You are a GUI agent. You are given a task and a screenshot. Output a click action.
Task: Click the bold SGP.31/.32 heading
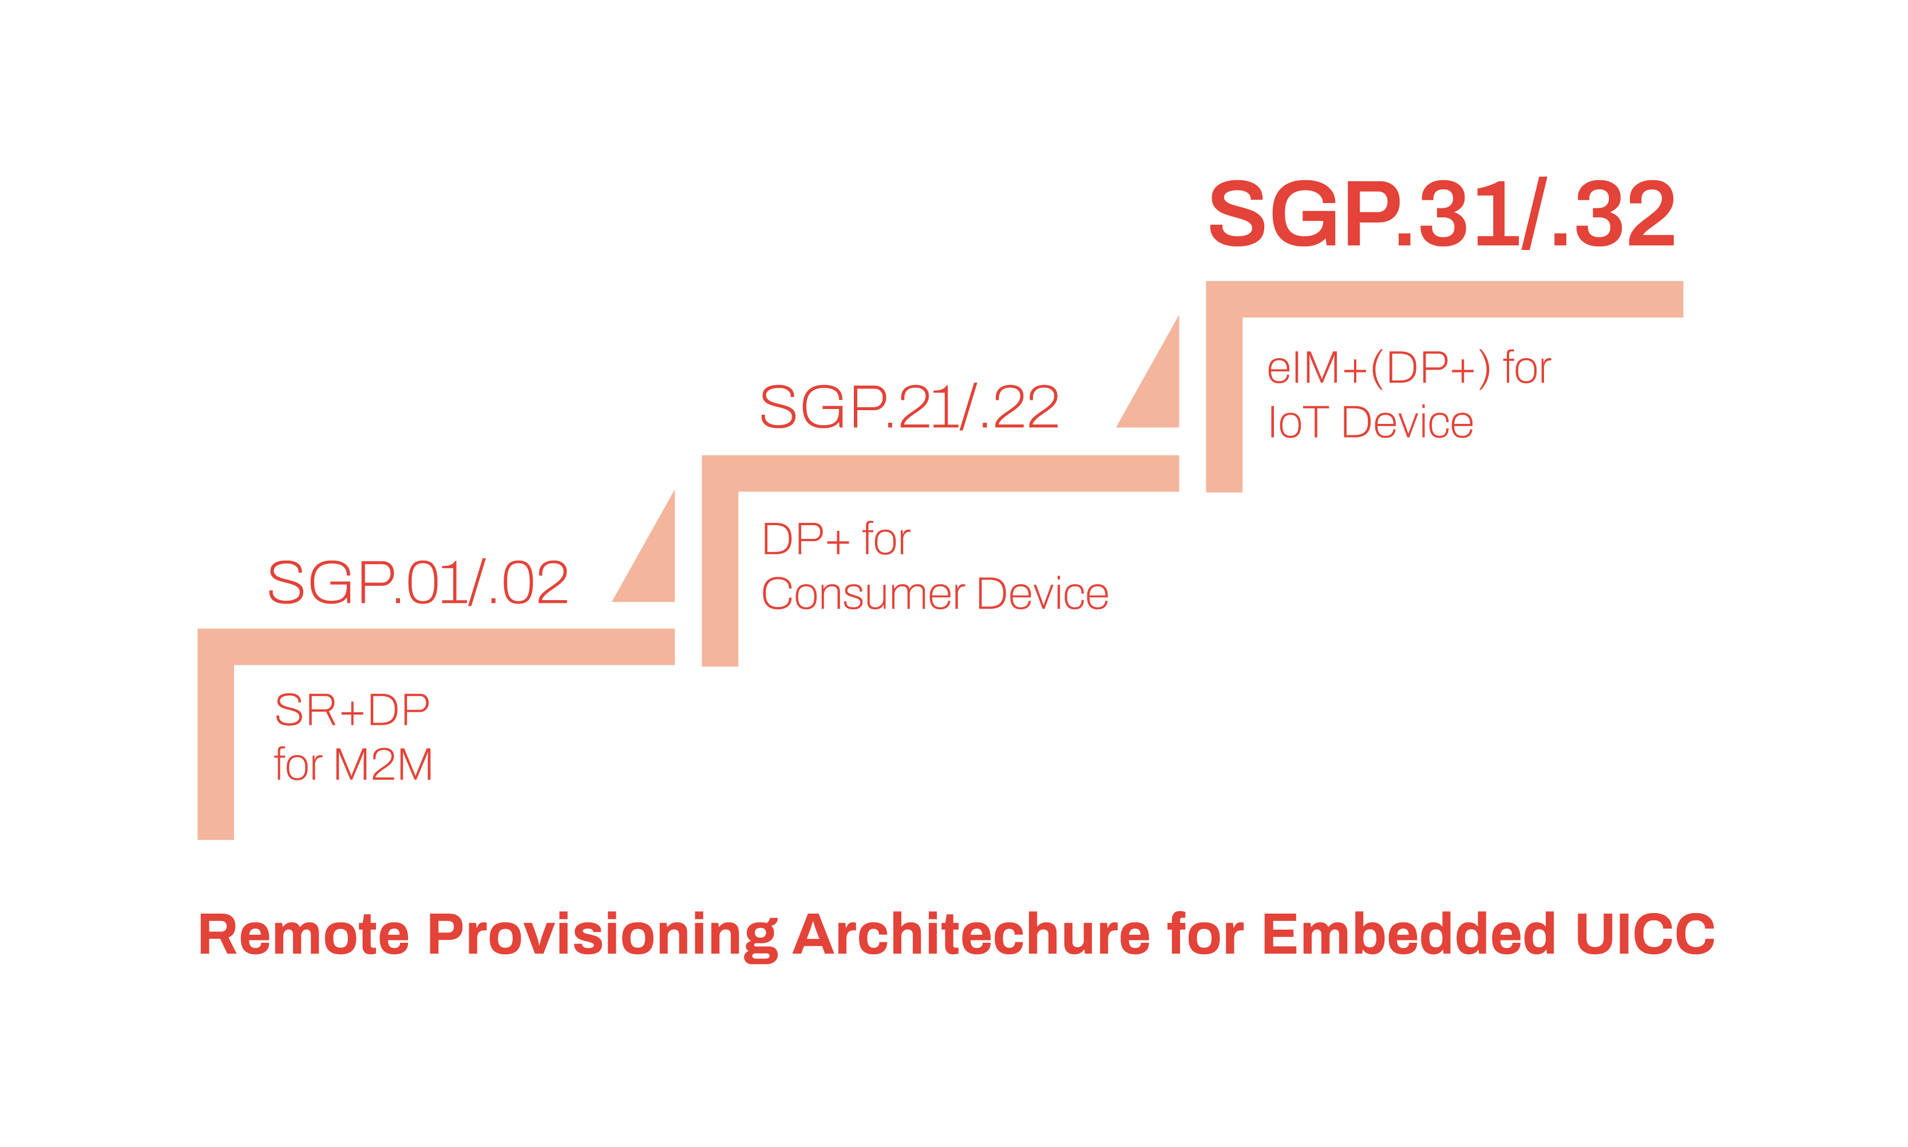click(x=1442, y=213)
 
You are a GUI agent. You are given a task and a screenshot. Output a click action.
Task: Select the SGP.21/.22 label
click(x=909, y=407)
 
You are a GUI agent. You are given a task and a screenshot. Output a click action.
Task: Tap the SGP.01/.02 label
click(x=417, y=582)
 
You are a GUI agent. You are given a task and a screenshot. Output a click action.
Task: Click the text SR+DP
click(x=352, y=709)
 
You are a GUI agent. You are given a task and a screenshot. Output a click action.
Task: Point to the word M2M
click(x=383, y=764)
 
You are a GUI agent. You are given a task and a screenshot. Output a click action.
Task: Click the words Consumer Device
click(x=935, y=594)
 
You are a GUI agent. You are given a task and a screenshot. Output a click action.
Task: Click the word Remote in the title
click(x=303, y=934)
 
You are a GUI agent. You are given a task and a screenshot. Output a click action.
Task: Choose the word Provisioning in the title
click(x=602, y=936)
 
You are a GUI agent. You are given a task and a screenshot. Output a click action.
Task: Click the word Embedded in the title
click(x=1408, y=934)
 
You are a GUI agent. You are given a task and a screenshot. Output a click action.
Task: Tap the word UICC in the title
click(x=1645, y=934)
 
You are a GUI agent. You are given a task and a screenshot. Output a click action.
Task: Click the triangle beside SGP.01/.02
click(x=654, y=564)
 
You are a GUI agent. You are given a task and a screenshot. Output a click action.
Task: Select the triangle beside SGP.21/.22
click(x=1157, y=390)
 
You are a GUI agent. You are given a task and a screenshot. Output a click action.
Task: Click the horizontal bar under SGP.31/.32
click(x=1444, y=299)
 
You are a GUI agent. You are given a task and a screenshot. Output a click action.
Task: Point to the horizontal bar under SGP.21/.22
click(x=940, y=473)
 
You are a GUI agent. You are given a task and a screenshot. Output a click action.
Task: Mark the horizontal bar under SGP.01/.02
click(x=436, y=647)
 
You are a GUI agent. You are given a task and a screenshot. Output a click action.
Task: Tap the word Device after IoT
click(x=1408, y=422)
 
